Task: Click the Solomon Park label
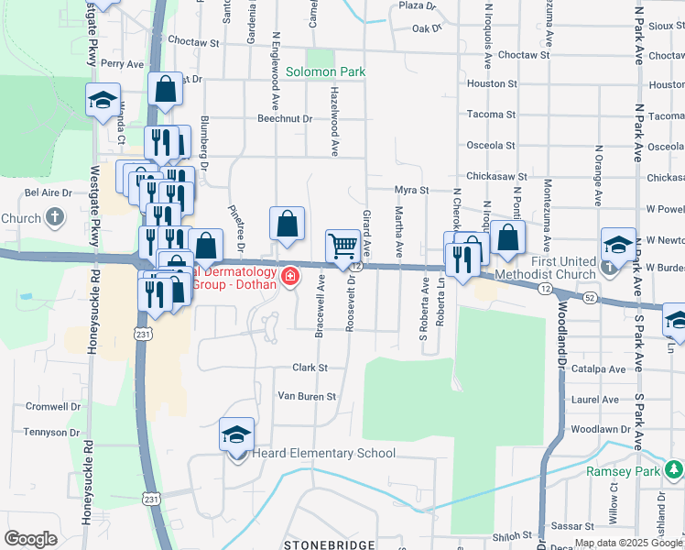324,71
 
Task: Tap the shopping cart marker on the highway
342,245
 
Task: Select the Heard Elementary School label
324,453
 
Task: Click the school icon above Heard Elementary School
236,434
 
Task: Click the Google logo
30,539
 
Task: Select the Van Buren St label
308,397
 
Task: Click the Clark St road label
310,368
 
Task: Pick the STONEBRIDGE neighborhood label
328,544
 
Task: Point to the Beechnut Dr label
285,118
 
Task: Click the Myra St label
412,190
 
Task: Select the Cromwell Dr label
53,406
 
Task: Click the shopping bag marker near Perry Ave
166,89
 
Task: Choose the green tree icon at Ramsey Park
673,471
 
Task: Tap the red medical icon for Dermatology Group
290,275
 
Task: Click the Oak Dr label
427,28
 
